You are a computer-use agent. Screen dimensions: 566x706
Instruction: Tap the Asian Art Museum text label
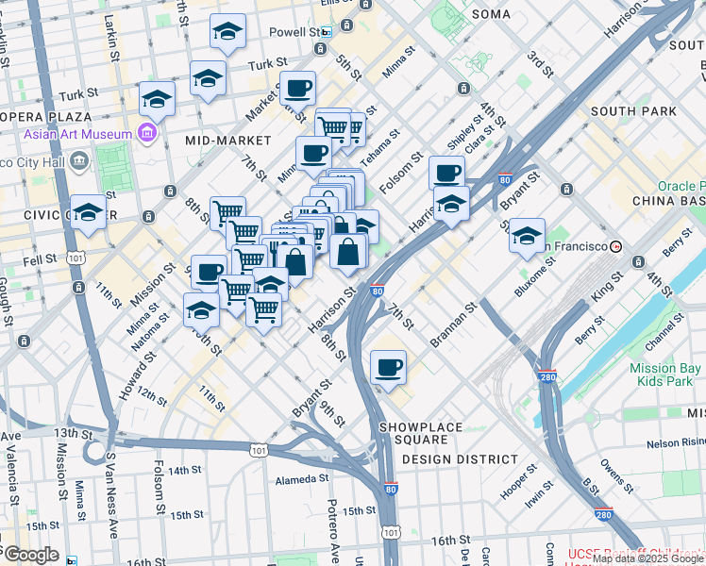point(79,134)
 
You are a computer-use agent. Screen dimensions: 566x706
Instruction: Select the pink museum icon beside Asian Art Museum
point(146,134)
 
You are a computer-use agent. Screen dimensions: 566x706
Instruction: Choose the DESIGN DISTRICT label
point(459,459)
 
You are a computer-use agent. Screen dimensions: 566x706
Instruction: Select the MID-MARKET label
point(227,141)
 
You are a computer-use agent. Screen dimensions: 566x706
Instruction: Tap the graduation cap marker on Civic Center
point(88,211)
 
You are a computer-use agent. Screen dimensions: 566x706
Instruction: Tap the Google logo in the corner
point(30,555)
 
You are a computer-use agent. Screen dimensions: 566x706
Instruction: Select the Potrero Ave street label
point(331,524)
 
